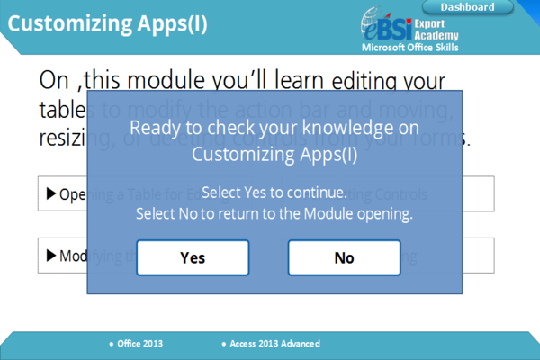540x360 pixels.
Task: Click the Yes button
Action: [193, 257]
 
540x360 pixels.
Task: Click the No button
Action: [344, 257]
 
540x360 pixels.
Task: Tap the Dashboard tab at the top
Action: [467, 7]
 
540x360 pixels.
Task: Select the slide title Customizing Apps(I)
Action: [107, 24]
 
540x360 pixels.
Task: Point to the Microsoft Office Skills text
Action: [409, 47]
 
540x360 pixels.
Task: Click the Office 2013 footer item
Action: [139, 344]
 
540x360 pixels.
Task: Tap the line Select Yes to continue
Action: [274, 193]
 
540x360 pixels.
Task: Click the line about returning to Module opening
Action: [274, 214]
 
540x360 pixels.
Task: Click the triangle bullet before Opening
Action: [50, 193]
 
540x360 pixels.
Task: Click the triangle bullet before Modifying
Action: [50, 256]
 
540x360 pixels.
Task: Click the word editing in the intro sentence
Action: [364, 83]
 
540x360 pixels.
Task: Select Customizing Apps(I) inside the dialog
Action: [274, 154]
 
